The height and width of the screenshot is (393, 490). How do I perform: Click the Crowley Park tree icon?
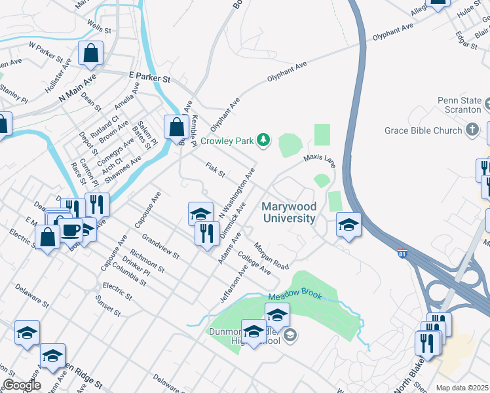pos(263,140)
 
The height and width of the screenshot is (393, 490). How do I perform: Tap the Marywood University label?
pos(288,212)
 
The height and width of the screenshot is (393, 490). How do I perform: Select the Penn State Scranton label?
pos(459,105)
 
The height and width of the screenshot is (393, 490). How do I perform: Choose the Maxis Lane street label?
pos(319,159)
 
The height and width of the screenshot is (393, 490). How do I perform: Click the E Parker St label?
pos(149,79)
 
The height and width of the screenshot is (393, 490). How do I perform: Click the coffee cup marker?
pos(70,230)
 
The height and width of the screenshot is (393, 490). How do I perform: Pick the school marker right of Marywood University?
pos(349,225)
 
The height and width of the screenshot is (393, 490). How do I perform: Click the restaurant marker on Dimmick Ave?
pos(207,233)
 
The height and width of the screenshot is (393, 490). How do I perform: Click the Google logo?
pos(21,385)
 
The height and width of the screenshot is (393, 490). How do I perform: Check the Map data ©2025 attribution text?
pos(462,388)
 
